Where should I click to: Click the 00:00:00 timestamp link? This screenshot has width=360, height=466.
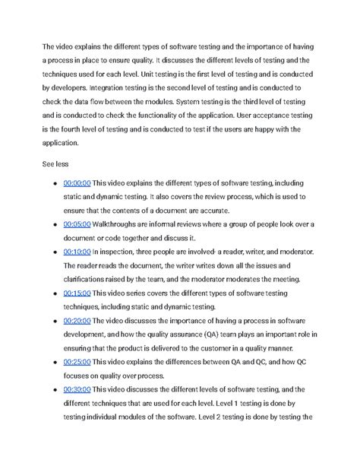[x=77, y=183]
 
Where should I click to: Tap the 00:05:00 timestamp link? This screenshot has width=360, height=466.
[x=77, y=224]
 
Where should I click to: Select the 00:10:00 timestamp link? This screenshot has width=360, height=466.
[x=77, y=252]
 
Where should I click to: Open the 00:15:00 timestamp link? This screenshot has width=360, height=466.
[x=77, y=293]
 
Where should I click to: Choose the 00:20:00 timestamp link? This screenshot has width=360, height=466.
[x=77, y=320]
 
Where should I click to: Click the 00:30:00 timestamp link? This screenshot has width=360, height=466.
[x=77, y=388]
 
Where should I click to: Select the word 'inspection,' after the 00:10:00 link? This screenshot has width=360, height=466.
[x=123, y=252]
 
